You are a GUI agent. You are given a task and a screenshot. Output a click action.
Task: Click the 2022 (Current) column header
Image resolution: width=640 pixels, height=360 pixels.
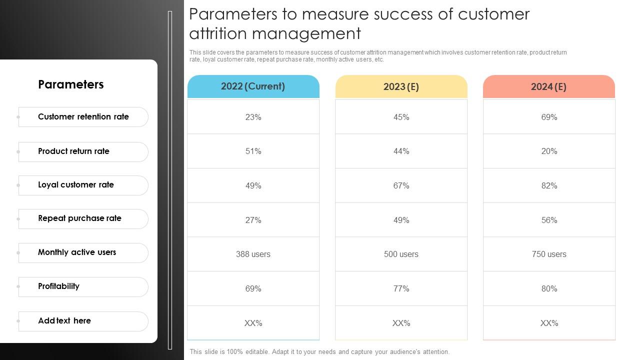point(253,86)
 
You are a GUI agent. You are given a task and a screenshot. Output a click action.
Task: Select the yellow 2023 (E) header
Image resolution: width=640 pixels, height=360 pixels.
point(401,87)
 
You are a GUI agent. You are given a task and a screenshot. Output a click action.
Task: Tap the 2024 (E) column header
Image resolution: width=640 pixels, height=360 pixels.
point(548,87)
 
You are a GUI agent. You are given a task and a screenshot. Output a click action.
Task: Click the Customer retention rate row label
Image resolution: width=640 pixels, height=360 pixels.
point(83,117)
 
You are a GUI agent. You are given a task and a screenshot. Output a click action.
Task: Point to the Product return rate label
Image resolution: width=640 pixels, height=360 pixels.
point(73,151)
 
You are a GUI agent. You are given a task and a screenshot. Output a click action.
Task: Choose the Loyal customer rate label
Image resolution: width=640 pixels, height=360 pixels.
point(76,185)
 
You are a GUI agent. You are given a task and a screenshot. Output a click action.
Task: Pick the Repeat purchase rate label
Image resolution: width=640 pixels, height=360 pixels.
point(79,218)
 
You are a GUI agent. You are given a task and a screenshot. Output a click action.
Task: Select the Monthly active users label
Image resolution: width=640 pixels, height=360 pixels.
point(77,252)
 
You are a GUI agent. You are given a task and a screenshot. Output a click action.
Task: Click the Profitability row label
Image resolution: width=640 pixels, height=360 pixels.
point(58,286)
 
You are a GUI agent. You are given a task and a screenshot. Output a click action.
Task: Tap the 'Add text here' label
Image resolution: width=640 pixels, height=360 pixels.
point(64,321)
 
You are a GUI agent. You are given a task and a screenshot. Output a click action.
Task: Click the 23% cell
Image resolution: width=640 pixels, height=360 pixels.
point(253,117)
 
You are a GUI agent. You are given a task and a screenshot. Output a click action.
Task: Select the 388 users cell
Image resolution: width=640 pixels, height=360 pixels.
point(253,254)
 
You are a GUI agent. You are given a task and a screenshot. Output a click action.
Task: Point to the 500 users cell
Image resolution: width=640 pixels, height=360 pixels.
point(401,254)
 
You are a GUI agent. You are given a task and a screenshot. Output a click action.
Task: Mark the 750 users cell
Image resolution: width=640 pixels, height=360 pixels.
point(549,254)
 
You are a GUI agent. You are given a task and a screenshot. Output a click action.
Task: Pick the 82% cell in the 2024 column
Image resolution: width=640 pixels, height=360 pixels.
point(549,186)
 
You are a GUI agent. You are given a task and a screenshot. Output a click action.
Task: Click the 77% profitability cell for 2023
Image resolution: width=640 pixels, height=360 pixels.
point(401,289)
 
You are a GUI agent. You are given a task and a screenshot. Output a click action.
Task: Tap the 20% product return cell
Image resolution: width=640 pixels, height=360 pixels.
point(549,151)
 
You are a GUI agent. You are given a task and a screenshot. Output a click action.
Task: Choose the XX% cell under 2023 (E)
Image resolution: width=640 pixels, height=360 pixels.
point(401,323)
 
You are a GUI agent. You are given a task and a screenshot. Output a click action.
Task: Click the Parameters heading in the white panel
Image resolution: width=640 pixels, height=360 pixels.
point(71,84)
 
